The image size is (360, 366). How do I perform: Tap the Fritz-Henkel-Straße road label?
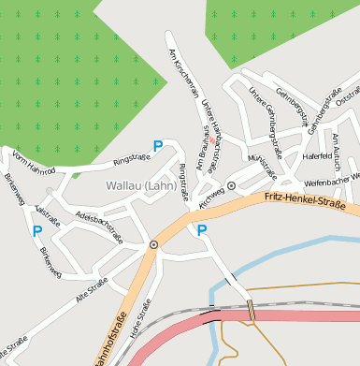point(305,200)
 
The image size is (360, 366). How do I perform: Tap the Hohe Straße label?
point(141,319)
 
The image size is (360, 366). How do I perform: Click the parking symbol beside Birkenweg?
point(37,231)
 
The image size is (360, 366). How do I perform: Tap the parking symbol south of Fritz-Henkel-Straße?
point(202,229)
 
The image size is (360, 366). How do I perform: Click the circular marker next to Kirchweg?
point(231,186)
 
